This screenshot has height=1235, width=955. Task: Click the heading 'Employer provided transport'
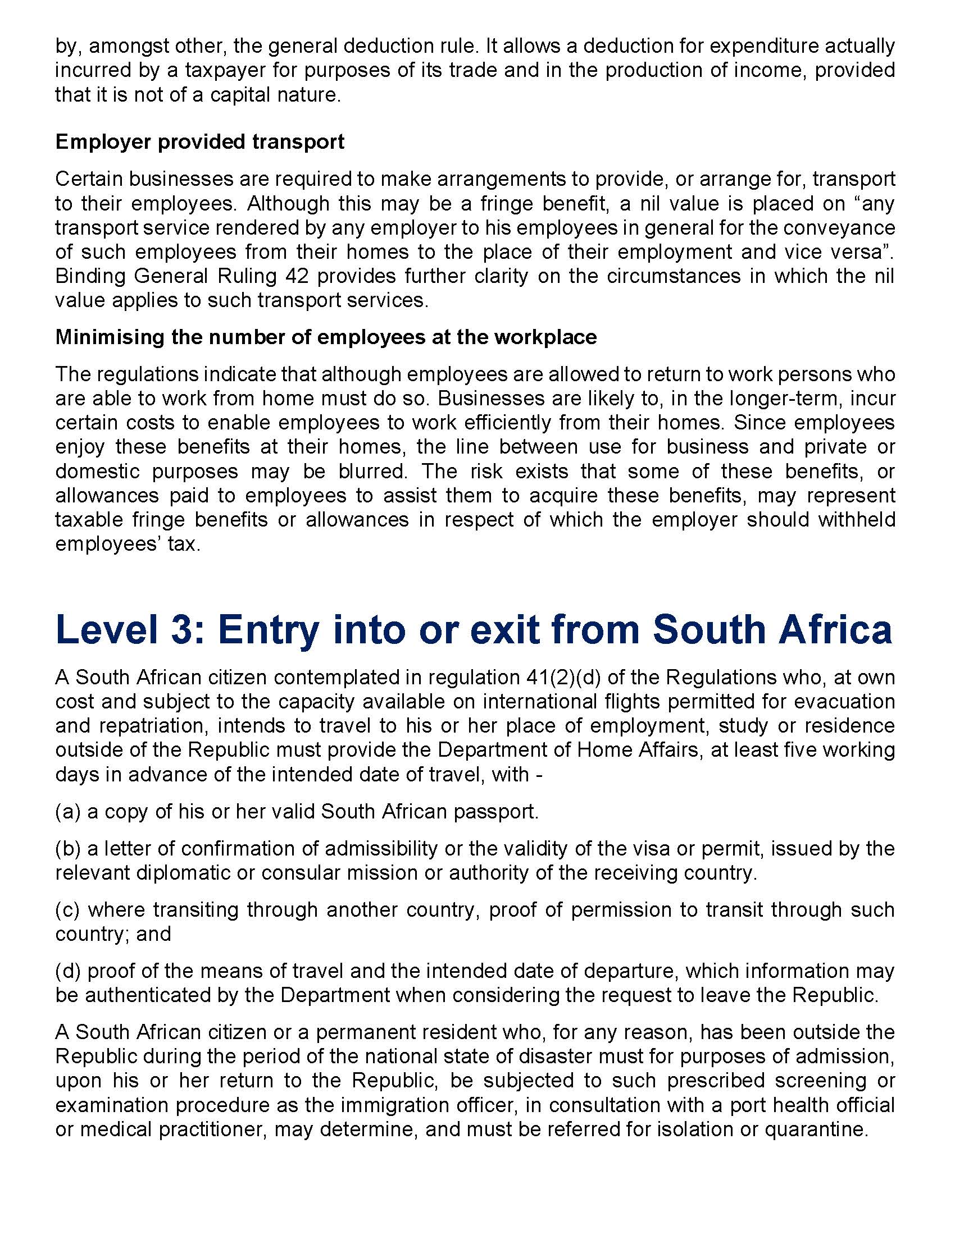click(200, 141)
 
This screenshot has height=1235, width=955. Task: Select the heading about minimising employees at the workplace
click(326, 337)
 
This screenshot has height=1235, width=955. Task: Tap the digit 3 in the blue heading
click(182, 629)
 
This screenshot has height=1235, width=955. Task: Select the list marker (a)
click(68, 812)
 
